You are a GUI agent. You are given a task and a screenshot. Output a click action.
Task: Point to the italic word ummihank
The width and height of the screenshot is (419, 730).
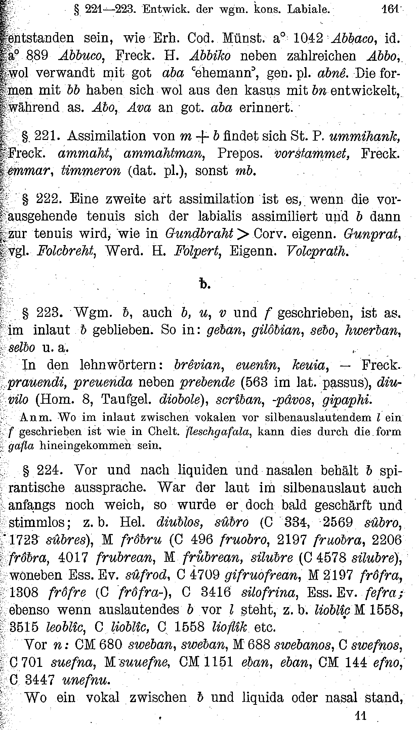[365, 136]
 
